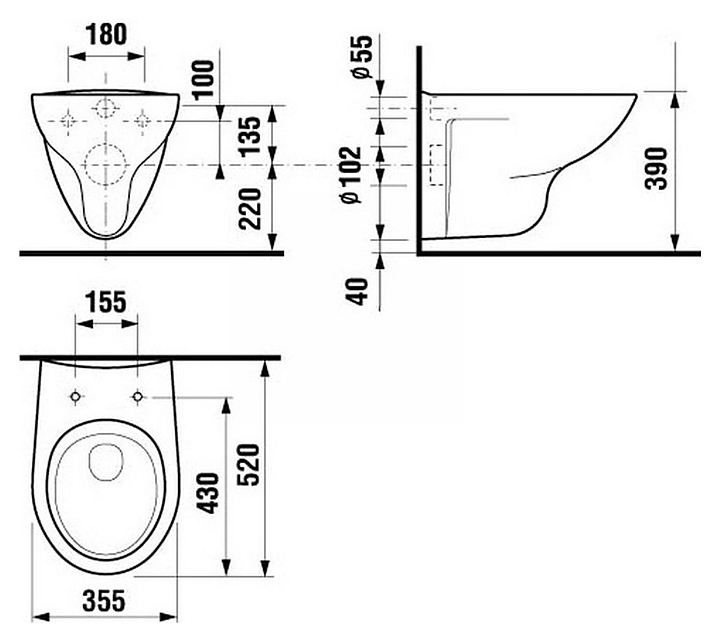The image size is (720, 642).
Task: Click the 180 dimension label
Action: (x=106, y=34)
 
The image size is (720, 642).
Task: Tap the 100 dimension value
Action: (x=204, y=79)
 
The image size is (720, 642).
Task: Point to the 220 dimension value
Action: (x=253, y=207)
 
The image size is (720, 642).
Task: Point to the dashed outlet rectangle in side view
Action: (x=435, y=165)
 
